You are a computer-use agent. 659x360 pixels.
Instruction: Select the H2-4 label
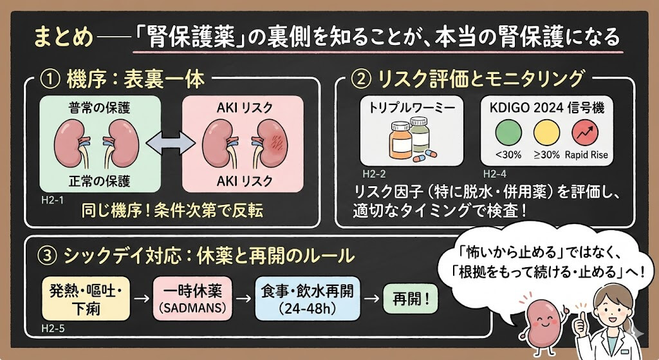click(x=494, y=174)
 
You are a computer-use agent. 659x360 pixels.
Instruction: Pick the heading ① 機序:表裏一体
click(x=122, y=81)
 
